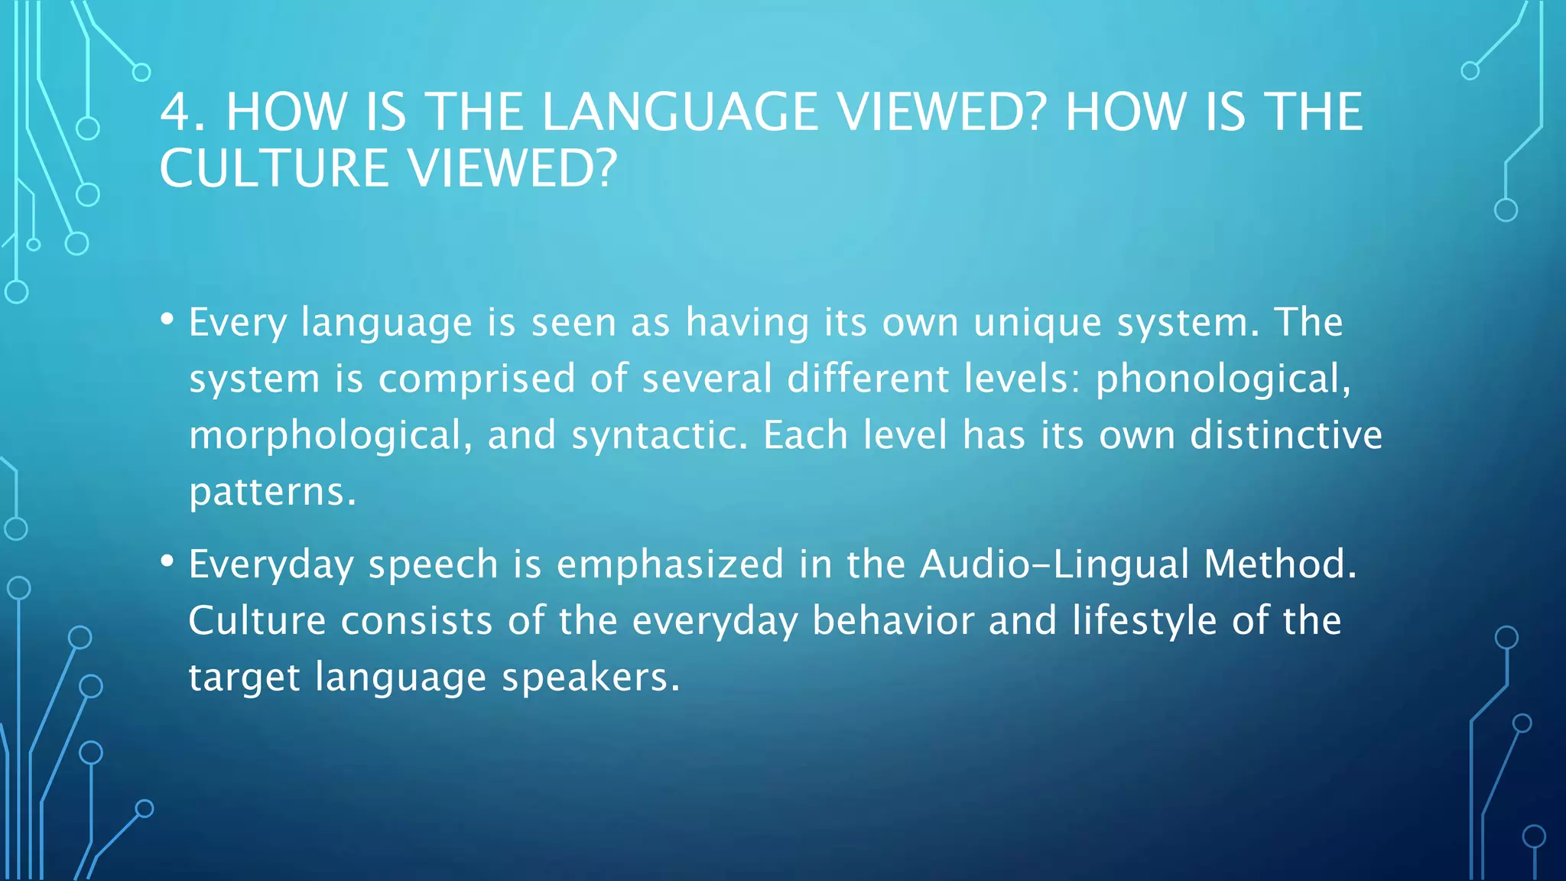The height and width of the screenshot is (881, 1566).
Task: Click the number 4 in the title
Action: point(176,112)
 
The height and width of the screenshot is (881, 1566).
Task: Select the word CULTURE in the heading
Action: point(274,168)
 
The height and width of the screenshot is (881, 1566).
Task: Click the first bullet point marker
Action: point(167,319)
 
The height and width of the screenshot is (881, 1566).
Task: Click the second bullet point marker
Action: point(167,561)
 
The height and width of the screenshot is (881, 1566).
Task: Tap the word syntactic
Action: point(658,436)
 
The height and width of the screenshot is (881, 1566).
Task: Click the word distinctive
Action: point(1286,435)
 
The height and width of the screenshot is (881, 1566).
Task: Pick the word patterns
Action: point(272,492)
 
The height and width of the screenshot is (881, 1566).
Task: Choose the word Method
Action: point(1279,564)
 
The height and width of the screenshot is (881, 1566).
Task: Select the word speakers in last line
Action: point(590,678)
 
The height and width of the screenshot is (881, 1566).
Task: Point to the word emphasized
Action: point(670,564)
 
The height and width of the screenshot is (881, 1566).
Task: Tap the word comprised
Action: point(476,379)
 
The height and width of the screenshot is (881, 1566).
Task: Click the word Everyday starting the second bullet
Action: point(271,564)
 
